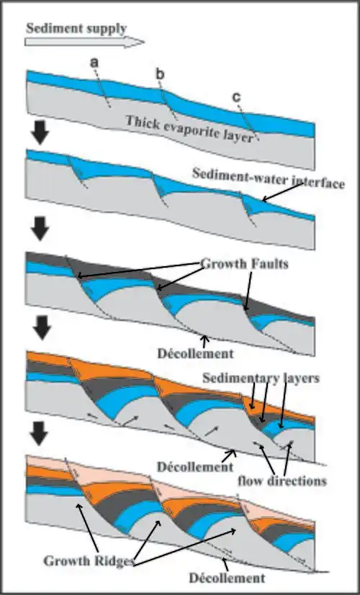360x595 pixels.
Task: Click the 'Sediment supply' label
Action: (x=76, y=29)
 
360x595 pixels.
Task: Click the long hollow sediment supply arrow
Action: (x=84, y=42)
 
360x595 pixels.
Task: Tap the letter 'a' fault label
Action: (x=94, y=63)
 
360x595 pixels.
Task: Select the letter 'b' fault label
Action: (x=161, y=75)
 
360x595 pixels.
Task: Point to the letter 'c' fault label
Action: (x=237, y=98)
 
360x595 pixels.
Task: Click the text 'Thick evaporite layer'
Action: (x=189, y=129)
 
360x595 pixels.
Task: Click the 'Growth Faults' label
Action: (x=244, y=264)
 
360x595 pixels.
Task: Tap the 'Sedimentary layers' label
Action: (x=261, y=378)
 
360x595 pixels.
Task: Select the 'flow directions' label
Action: (x=282, y=481)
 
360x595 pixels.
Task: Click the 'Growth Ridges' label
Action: (x=89, y=561)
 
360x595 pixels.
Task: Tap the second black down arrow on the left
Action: (x=40, y=230)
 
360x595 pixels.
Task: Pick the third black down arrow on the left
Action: (x=40, y=329)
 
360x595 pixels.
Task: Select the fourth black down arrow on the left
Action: (x=40, y=434)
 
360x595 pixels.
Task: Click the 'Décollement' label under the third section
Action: (x=195, y=354)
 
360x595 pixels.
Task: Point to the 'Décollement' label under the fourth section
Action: (x=195, y=466)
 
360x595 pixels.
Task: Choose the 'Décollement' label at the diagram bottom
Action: (x=227, y=578)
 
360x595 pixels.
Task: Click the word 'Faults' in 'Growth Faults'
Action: (x=267, y=264)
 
